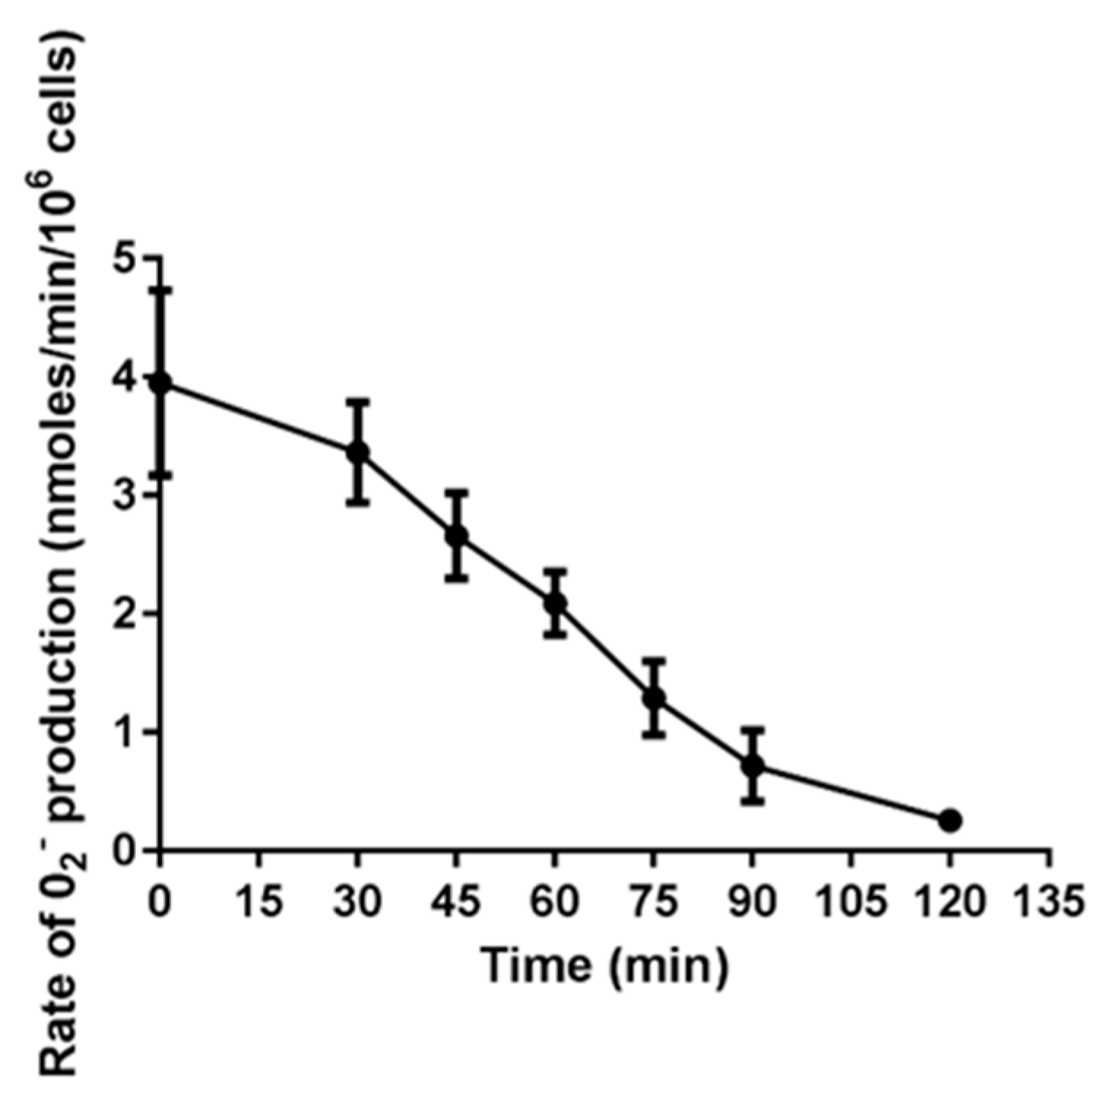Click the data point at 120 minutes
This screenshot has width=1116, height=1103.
pyautogui.click(x=949, y=820)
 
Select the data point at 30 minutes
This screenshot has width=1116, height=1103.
pyautogui.click(x=357, y=453)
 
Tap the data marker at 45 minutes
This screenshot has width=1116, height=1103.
pyautogui.click(x=456, y=536)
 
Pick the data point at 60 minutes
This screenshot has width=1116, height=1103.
pyautogui.click(x=555, y=603)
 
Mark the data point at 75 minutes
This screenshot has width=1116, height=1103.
pyautogui.click(x=654, y=698)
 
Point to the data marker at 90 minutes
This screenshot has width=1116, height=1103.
pyautogui.click(x=752, y=766)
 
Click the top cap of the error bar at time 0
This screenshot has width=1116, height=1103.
pyautogui.click(x=161, y=290)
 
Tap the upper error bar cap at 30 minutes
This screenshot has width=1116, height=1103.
pyautogui.click(x=357, y=401)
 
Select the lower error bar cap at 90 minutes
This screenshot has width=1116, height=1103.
pyautogui.click(x=752, y=802)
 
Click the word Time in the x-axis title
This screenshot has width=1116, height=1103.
pyautogui.click(x=535, y=966)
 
